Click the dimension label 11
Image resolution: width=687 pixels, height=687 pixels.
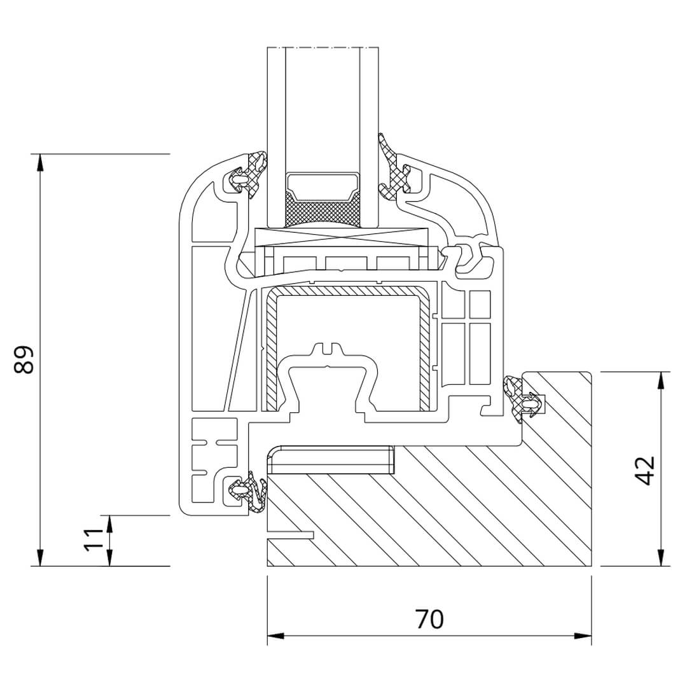click(94, 539)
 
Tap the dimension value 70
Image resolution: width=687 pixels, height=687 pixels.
click(429, 619)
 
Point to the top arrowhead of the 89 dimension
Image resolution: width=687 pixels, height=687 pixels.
click(40, 162)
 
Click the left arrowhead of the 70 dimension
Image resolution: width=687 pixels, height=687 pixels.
click(276, 635)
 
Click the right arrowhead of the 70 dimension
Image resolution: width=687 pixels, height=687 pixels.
click(583, 635)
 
